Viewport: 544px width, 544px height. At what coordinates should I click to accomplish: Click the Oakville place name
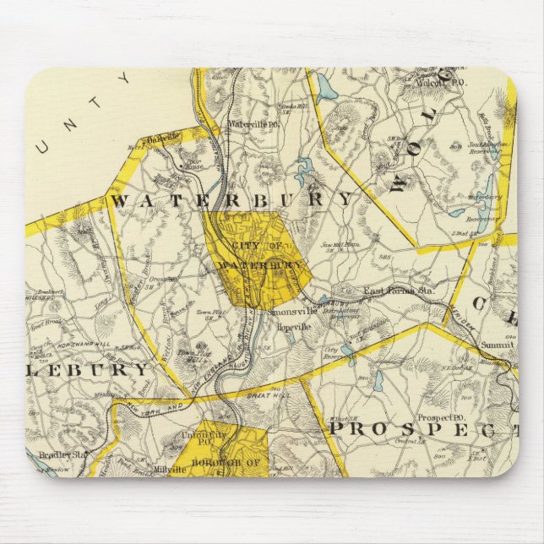(163, 138)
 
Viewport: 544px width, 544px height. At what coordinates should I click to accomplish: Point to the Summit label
(498, 345)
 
